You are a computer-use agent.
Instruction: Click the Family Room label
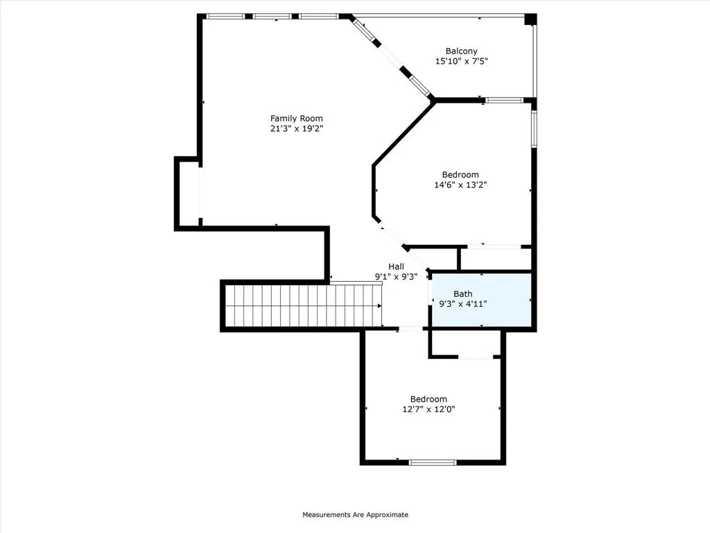(296, 118)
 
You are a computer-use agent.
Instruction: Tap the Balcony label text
(461, 51)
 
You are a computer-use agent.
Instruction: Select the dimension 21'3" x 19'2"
(296, 128)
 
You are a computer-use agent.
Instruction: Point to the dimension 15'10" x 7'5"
(461, 61)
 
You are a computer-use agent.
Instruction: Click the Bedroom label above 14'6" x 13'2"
(460, 175)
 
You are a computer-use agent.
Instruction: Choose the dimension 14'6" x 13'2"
(460, 185)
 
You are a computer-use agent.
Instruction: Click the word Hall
(396, 266)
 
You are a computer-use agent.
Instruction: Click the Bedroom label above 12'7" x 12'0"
(428, 399)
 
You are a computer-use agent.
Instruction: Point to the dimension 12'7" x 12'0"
(428, 409)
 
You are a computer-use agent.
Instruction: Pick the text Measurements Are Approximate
(355, 515)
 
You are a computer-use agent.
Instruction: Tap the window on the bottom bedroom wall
(433, 462)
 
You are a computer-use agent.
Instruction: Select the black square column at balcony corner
(530, 19)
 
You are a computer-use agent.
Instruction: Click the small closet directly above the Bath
(495, 259)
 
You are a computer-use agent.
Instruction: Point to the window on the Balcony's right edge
(534, 56)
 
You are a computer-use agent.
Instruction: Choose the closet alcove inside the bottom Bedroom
(465, 343)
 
